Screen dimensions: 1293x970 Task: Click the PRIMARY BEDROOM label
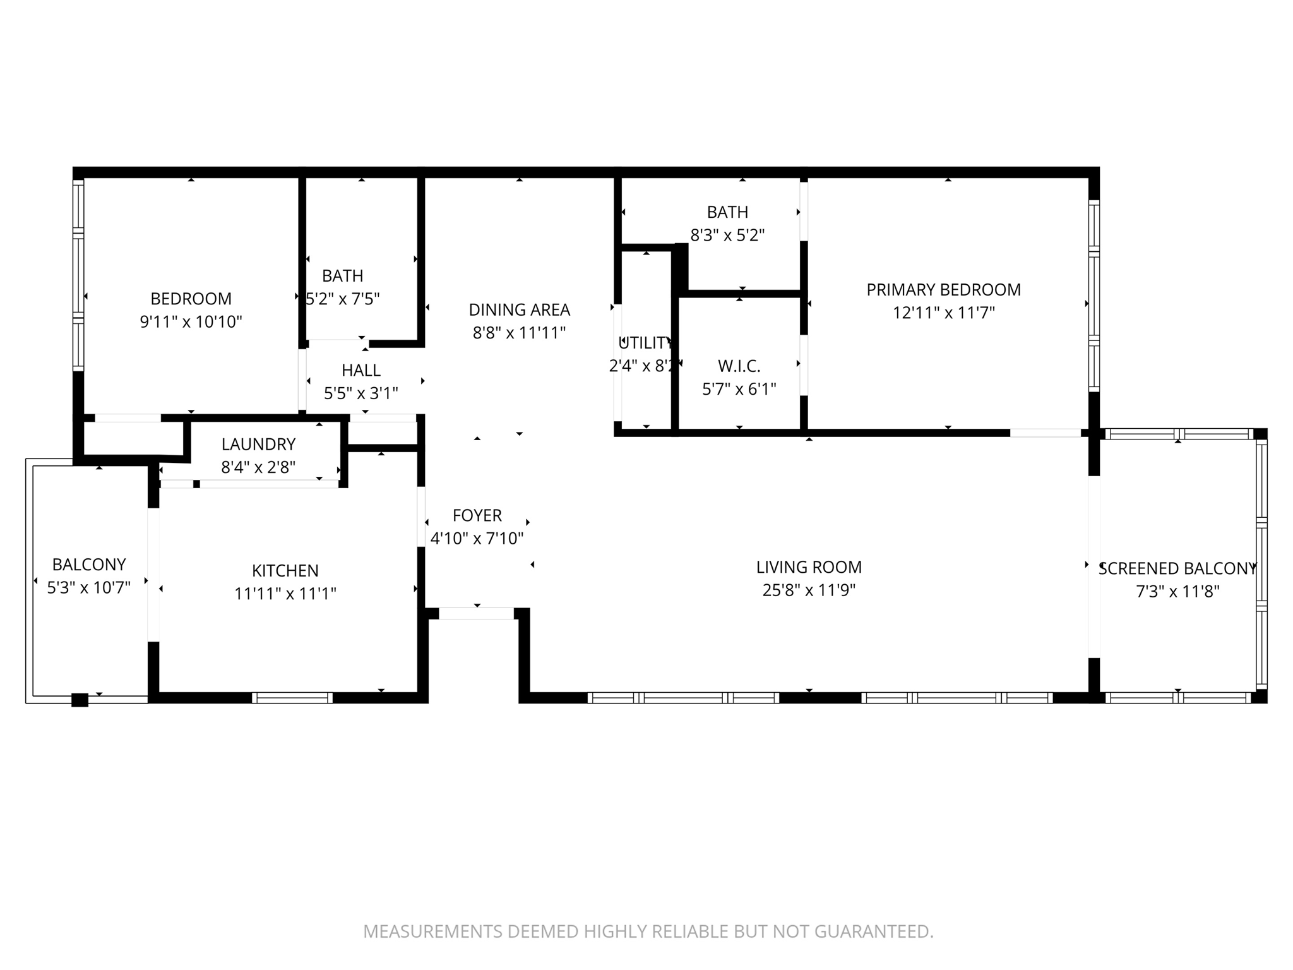pos(943,290)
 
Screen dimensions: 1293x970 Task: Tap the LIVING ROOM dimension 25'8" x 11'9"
pos(809,590)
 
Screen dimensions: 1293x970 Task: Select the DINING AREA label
pos(519,310)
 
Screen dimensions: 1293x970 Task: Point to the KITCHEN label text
pos(285,571)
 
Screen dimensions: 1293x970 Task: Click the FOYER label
pos(477,515)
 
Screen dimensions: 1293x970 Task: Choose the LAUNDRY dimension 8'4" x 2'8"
pos(258,467)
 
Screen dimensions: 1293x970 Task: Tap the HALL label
pos(361,370)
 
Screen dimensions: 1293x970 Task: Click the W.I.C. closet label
pos(739,366)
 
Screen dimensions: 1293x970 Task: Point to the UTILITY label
pos(645,343)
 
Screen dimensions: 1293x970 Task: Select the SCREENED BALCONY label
pos(1177,568)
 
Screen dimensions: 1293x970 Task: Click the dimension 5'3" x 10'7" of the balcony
pos(89,588)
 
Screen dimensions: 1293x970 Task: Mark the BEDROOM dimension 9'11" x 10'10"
pos(191,322)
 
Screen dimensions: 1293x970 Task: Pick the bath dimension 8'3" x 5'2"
pos(727,236)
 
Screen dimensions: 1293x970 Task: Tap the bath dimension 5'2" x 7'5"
pos(343,299)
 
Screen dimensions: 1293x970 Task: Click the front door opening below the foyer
pos(477,613)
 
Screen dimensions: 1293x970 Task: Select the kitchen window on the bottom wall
pos(292,698)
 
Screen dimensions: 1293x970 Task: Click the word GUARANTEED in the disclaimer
pos(873,931)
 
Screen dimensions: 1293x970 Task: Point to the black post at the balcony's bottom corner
pos(80,700)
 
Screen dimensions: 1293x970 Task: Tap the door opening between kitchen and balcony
pos(153,575)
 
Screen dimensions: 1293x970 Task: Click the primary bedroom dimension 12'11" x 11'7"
pos(943,313)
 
